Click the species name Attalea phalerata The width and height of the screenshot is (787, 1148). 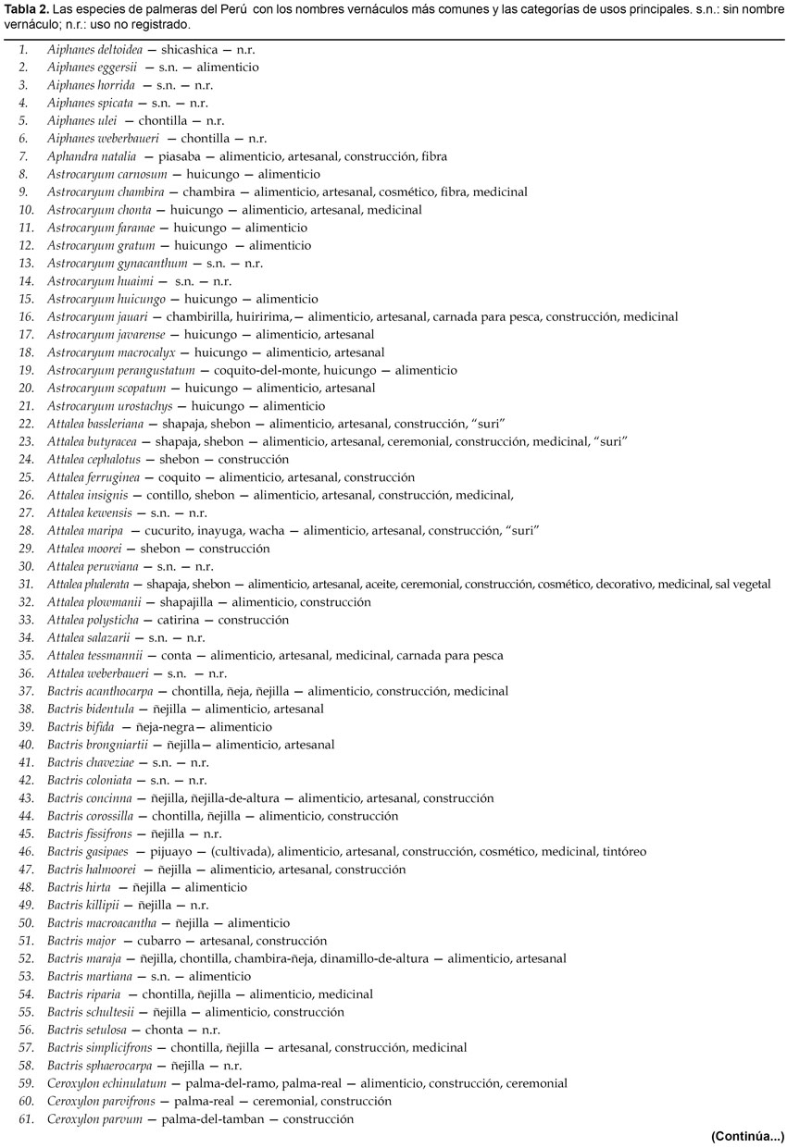[x=88, y=584]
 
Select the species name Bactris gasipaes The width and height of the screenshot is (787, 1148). [x=88, y=851]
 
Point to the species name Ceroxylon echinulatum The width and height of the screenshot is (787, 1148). [x=106, y=1083]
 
